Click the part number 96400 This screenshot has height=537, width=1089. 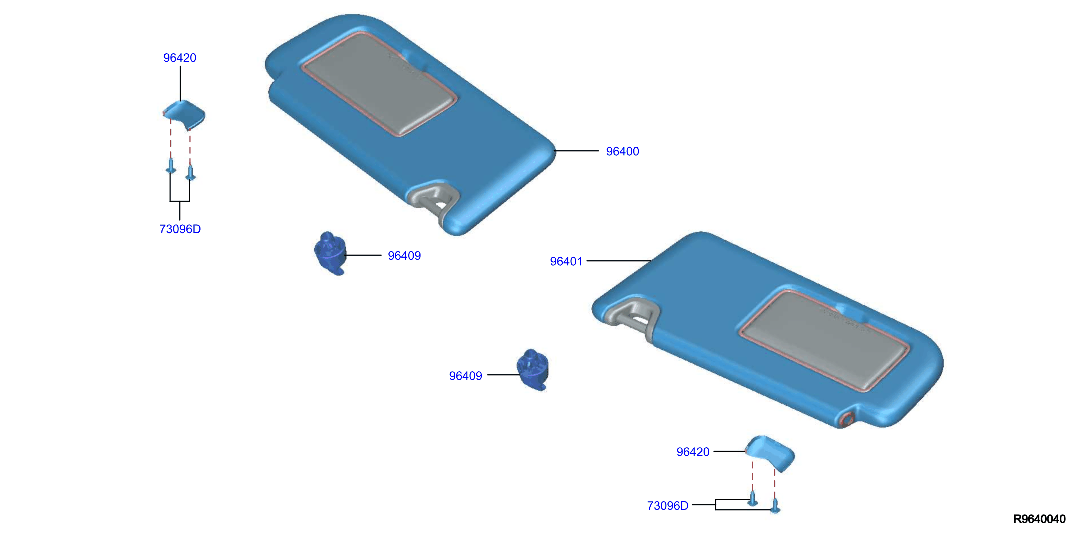pos(622,151)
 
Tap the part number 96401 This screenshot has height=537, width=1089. pos(566,261)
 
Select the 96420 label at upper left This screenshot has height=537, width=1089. pos(180,58)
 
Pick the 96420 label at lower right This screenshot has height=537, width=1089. pos(693,452)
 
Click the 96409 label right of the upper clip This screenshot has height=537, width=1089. pos(404,255)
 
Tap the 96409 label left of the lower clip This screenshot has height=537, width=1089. pos(465,376)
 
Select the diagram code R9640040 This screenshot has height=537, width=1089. pos(1039,519)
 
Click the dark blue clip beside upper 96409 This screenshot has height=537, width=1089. pos(330,253)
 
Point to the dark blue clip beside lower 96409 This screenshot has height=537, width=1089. pos(533,370)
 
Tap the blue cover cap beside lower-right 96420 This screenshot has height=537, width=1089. pos(770,452)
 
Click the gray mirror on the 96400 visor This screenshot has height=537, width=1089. pos(378,84)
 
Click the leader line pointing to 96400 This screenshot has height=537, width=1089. pos(576,151)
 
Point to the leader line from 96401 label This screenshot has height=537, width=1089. pos(619,261)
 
